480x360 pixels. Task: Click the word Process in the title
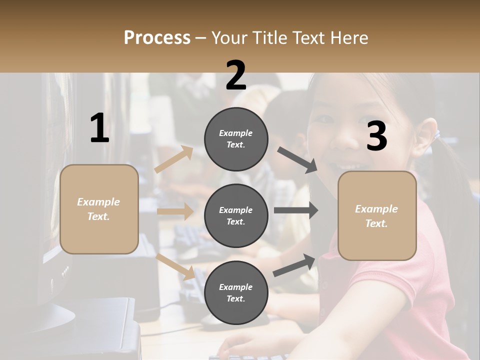(x=157, y=37)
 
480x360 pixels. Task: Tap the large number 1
(x=99, y=128)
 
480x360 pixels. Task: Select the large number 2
(x=236, y=75)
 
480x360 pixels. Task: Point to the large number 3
(x=376, y=136)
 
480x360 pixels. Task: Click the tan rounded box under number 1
(x=99, y=209)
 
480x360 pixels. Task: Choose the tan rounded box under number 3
(x=377, y=215)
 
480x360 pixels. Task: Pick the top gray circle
(x=236, y=138)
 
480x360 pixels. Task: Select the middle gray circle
(x=236, y=215)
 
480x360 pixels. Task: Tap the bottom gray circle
(x=236, y=292)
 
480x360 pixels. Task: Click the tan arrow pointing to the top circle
(x=174, y=159)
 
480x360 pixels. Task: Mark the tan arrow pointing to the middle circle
(x=175, y=211)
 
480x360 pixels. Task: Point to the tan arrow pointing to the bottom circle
(x=175, y=266)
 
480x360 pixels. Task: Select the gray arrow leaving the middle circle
(x=295, y=210)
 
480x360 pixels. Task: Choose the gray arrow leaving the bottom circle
(x=294, y=265)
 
